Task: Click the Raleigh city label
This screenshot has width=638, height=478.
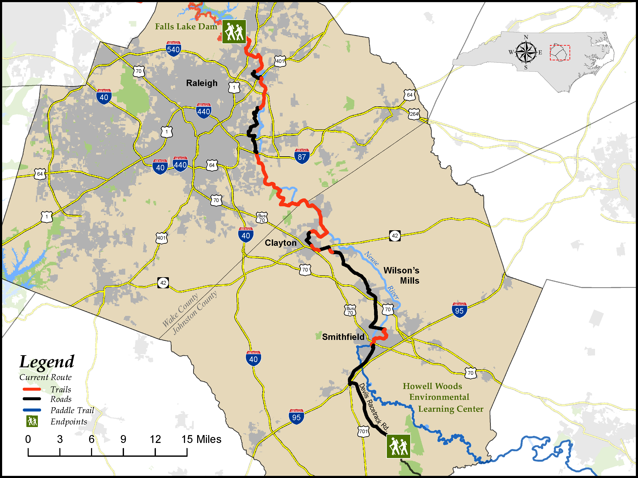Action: click(x=202, y=83)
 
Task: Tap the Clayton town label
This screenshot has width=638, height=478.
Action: click(x=280, y=243)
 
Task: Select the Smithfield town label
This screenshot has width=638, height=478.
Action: click(x=343, y=337)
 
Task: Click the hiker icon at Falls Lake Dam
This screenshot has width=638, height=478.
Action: click(x=234, y=32)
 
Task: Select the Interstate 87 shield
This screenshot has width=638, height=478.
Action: click(x=302, y=156)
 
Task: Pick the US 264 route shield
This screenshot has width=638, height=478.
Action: click(x=414, y=114)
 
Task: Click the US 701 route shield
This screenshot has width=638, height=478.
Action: click(x=363, y=431)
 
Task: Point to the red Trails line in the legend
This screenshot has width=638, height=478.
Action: click(x=32, y=389)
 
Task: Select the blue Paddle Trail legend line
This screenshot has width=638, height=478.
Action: click(x=32, y=410)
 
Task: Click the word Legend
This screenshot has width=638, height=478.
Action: click(x=47, y=362)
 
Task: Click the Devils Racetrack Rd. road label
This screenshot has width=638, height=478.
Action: click(x=373, y=407)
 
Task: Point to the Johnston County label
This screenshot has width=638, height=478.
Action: click(x=195, y=313)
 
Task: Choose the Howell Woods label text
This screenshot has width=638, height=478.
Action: click(x=432, y=386)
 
